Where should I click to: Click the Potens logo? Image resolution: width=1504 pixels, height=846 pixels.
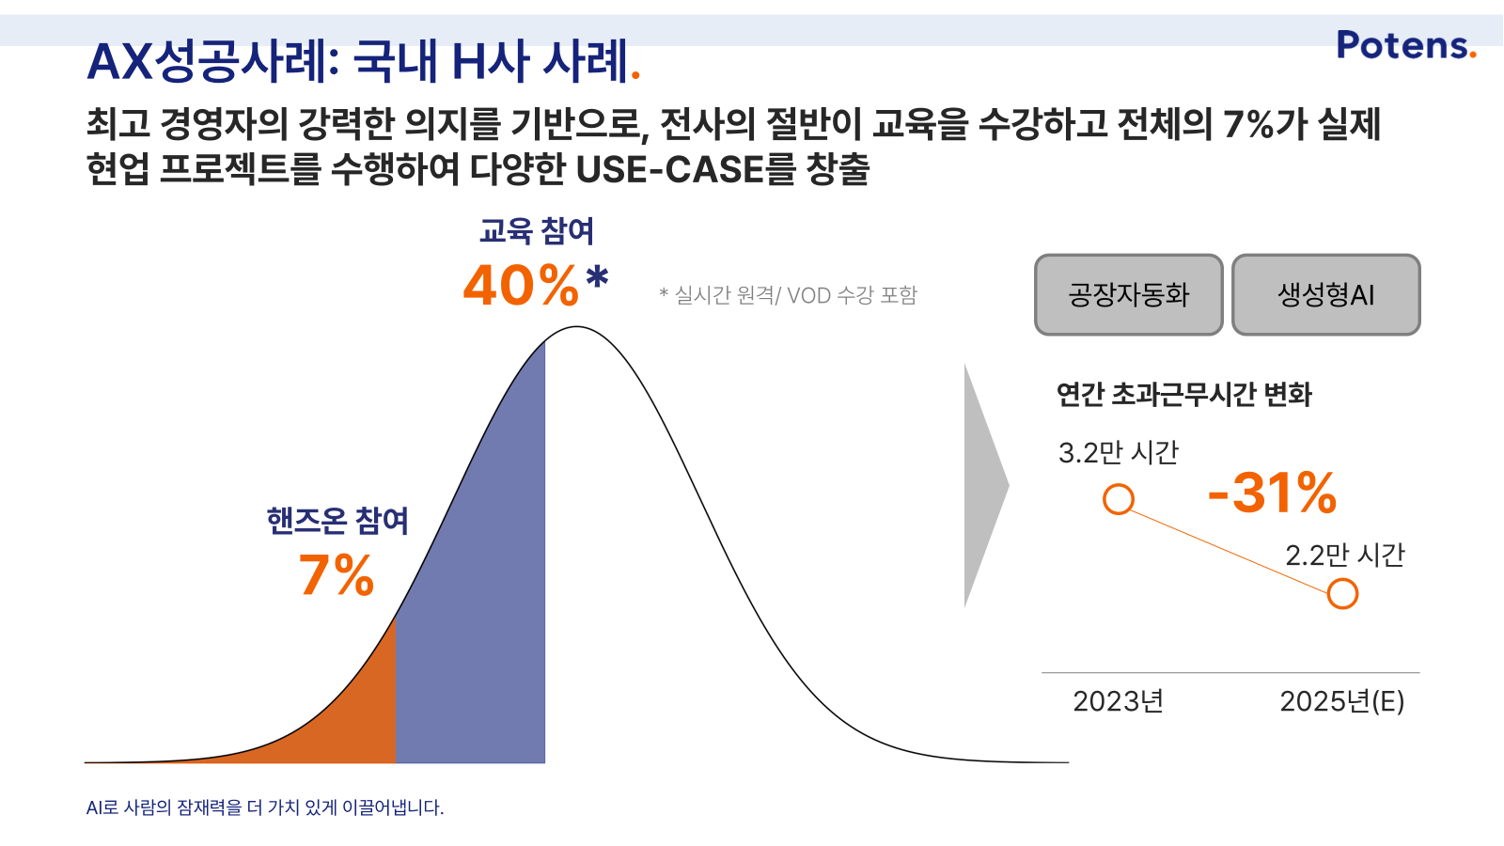coord(1406,45)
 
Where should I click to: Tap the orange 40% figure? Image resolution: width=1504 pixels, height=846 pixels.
coord(521,286)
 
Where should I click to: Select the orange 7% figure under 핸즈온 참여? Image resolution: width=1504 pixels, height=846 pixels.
coord(336,575)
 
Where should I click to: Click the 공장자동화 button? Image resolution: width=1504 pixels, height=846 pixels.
coord(1129,295)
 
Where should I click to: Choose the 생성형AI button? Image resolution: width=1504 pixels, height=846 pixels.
coord(1326,295)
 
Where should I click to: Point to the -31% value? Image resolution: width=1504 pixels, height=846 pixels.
coord(1272,493)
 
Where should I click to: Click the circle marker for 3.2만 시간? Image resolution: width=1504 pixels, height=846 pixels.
coord(1119,499)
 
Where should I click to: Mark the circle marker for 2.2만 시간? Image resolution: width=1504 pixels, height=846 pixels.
coord(1343,594)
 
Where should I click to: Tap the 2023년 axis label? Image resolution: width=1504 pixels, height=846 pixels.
coord(1118,701)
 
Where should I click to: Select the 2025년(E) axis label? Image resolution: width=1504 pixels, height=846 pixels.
coord(1342,701)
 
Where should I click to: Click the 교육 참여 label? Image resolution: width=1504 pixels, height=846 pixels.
coord(537,231)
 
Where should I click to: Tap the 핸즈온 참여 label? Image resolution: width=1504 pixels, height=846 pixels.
coord(337,521)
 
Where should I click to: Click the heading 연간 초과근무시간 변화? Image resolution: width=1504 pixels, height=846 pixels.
coord(1183,395)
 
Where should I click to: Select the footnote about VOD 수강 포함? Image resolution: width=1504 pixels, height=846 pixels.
coord(788,295)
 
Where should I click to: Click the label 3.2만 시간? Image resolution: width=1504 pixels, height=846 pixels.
coord(1119,452)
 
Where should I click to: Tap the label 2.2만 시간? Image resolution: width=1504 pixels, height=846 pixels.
coord(1345,556)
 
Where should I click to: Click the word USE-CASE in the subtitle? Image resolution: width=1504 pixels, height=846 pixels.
coord(670,169)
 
